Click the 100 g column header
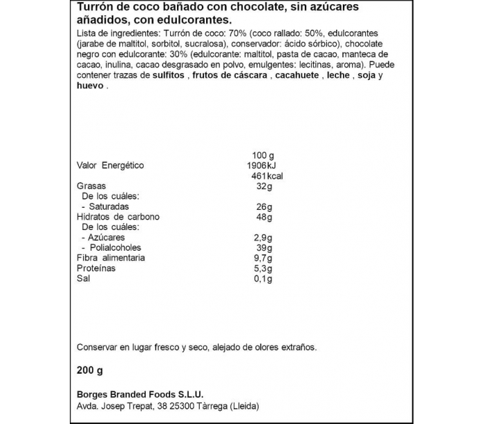pos(263,155)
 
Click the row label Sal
pos(82,278)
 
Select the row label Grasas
pos(91,186)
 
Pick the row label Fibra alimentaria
pos(111,258)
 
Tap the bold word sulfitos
pos(167,75)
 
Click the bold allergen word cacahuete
pos(299,75)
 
